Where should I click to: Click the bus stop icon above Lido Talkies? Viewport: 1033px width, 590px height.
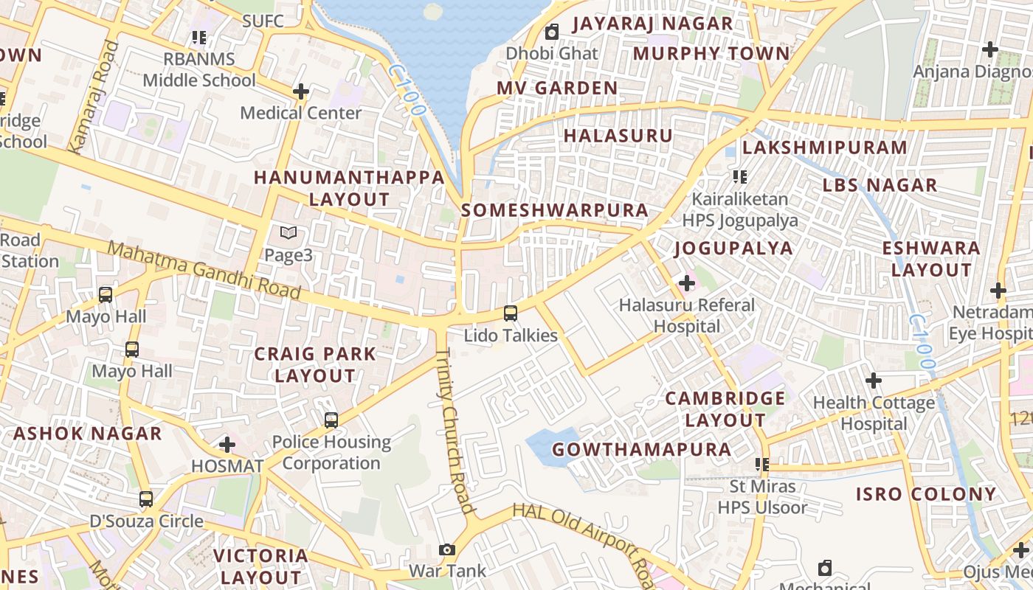(x=510, y=313)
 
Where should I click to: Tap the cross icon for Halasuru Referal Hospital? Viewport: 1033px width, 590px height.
(x=687, y=283)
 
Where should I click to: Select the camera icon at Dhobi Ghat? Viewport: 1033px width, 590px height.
(x=551, y=32)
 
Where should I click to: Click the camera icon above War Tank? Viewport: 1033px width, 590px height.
(x=446, y=549)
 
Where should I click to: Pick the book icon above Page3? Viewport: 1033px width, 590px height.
(x=289, y=233)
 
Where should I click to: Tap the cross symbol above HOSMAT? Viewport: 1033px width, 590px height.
(x=227, y=445)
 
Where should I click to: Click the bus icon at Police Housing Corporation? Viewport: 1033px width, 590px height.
(x=331, y=420)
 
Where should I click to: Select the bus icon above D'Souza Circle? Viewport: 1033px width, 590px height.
(x=146, y=499)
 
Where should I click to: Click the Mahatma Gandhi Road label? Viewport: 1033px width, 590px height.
(x=204, y=270)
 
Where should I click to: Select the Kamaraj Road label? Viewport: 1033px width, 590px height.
(x=93, y=96)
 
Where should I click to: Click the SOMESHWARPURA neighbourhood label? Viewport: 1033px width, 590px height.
(x=555, y=210)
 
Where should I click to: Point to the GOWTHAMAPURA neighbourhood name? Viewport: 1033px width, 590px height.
(x=642, y=449)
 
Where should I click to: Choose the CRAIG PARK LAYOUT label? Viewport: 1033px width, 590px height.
(x=315, y=364)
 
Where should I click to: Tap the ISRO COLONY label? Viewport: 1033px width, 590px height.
(x=926, y=494)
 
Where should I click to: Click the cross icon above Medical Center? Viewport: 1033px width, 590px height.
(x=300, y=91)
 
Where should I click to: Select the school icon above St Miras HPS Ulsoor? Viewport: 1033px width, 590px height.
(x=762, y=465)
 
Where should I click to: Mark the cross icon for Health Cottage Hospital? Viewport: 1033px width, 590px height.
(x=874, y=381)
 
